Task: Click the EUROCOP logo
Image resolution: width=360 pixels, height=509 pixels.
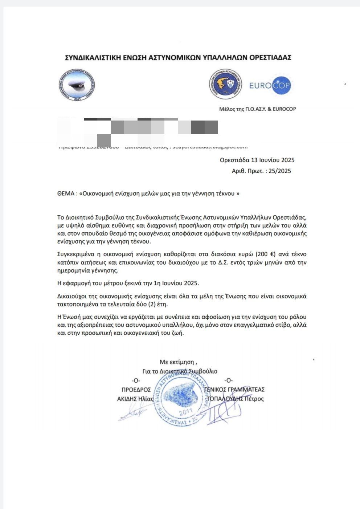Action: pos(270,86)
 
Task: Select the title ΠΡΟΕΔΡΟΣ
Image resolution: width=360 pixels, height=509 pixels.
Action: pos(136,390)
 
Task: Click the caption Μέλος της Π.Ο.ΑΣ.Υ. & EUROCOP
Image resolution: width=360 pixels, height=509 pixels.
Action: pos(258,109)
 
